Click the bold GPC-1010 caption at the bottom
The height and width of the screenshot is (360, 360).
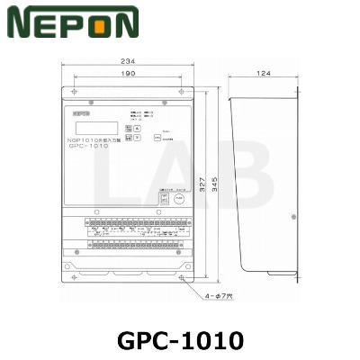[180, 340]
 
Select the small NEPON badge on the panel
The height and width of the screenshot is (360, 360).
[78, 114]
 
